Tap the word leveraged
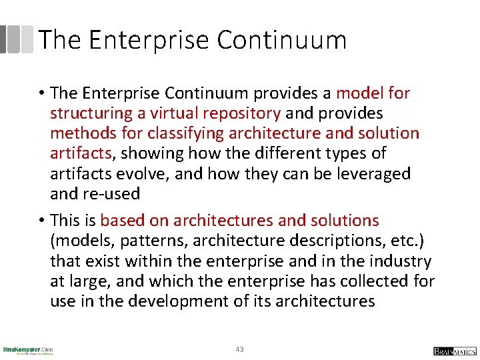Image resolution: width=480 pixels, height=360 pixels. coord(378,174)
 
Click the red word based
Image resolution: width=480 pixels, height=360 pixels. coord(123,221)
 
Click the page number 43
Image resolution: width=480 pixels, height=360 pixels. coord(240,349)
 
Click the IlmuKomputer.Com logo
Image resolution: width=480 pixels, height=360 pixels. coord(28,350)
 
